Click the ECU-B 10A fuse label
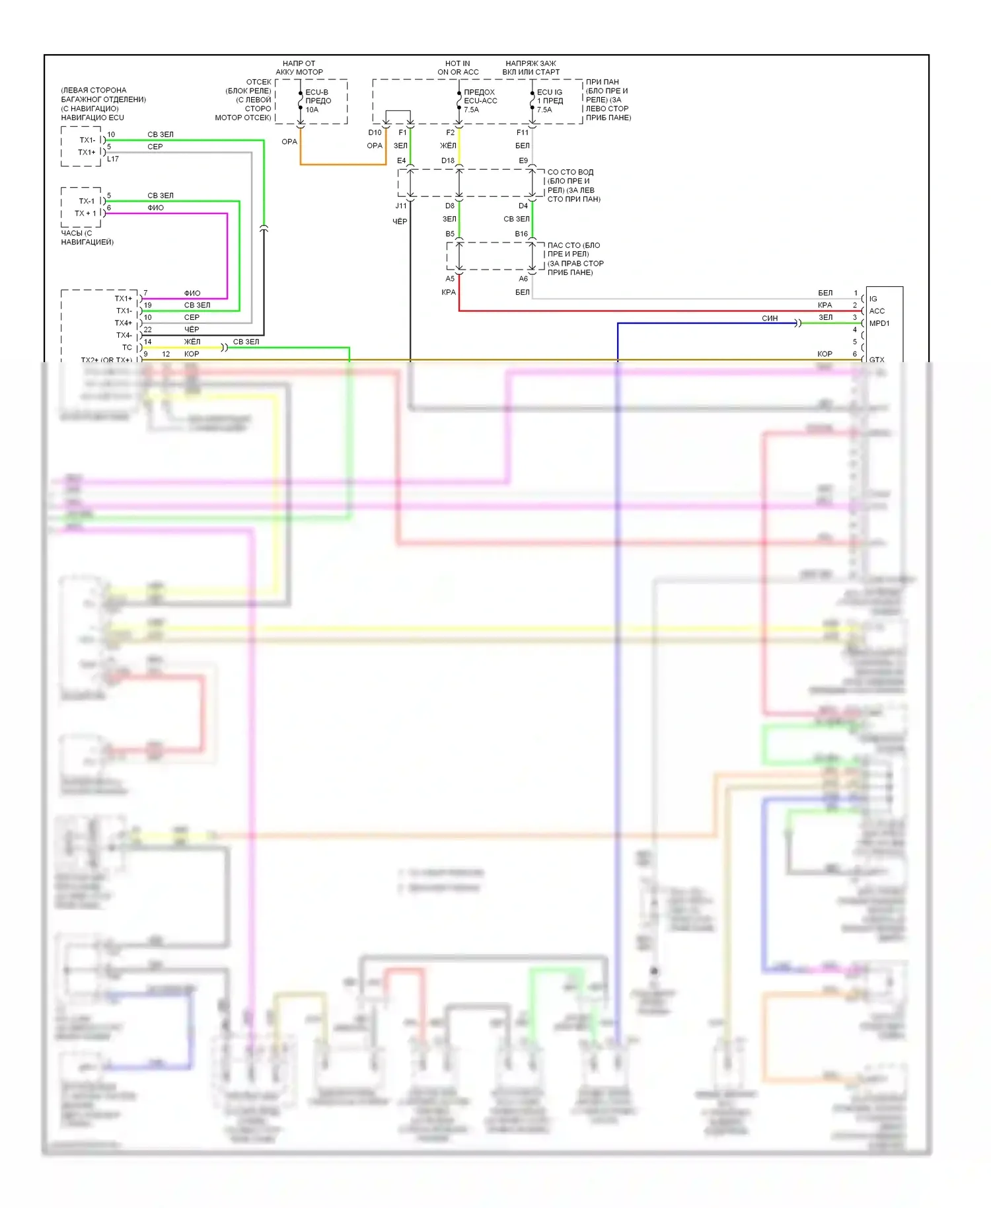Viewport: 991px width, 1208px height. point(318,101)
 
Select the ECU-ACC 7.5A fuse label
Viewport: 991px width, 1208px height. point(480,101)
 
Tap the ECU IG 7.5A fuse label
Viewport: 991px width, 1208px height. point(550,101)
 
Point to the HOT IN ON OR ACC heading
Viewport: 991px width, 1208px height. point(458,68)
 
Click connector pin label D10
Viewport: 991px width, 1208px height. point(375,133)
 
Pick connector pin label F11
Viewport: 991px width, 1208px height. point(523,133)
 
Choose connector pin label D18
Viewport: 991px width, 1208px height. point(448,161)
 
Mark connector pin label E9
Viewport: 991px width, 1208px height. point(523,161)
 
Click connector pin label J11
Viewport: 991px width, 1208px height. point(401,206)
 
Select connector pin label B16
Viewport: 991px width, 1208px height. point(521,234)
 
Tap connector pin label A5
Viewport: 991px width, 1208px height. point(450,279)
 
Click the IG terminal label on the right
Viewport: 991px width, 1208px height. point(873,299)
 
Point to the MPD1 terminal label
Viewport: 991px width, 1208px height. point(879,323)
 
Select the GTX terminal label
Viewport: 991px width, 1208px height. point(877,359)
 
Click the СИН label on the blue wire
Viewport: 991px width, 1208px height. point(770,319)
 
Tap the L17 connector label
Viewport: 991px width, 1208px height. point(113,159)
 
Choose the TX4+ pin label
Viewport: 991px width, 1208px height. point(124,323)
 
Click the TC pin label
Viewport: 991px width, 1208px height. point(127,348)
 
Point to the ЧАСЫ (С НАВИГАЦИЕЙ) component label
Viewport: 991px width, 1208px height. point(87,237)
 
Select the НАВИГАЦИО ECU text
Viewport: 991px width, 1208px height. point(92,118)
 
